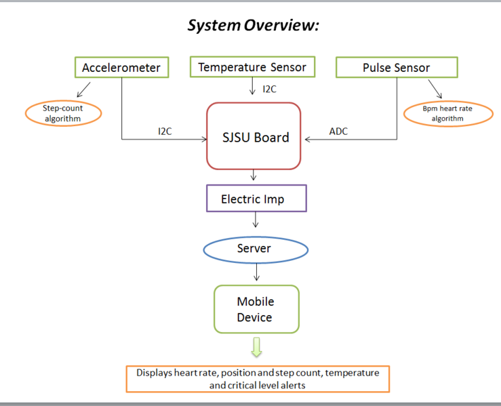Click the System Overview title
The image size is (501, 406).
[253, 25]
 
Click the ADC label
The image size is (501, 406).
[338, 131]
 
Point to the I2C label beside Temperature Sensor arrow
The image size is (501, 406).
[269, 89]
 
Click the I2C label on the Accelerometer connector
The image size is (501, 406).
[165, 131]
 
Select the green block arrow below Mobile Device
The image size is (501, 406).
[256, 347]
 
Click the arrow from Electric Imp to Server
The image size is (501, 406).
[256, 220]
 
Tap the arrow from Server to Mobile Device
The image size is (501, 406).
[256, 272]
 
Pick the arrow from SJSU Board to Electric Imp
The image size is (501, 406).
[254, 175]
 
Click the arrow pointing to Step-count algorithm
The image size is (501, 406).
[83, 89]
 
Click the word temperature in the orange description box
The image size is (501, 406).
[352, 373]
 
